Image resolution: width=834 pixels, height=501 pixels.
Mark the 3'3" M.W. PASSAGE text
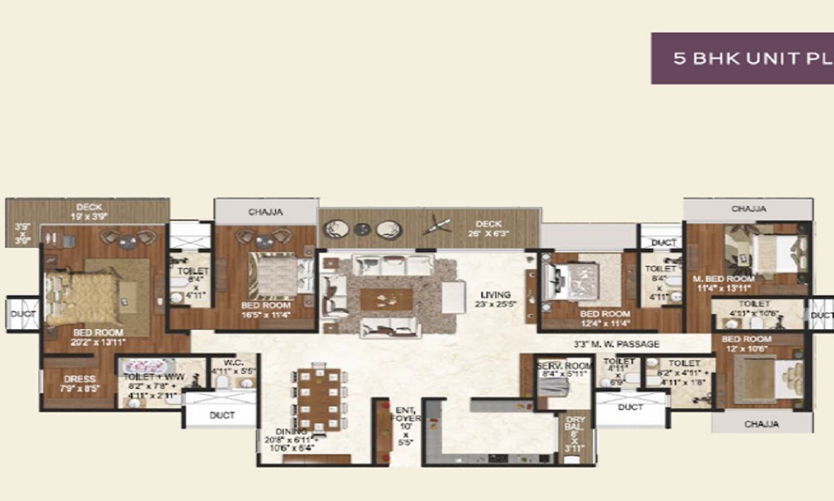coord(616,343)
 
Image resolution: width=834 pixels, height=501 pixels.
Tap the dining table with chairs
coord(321,397)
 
